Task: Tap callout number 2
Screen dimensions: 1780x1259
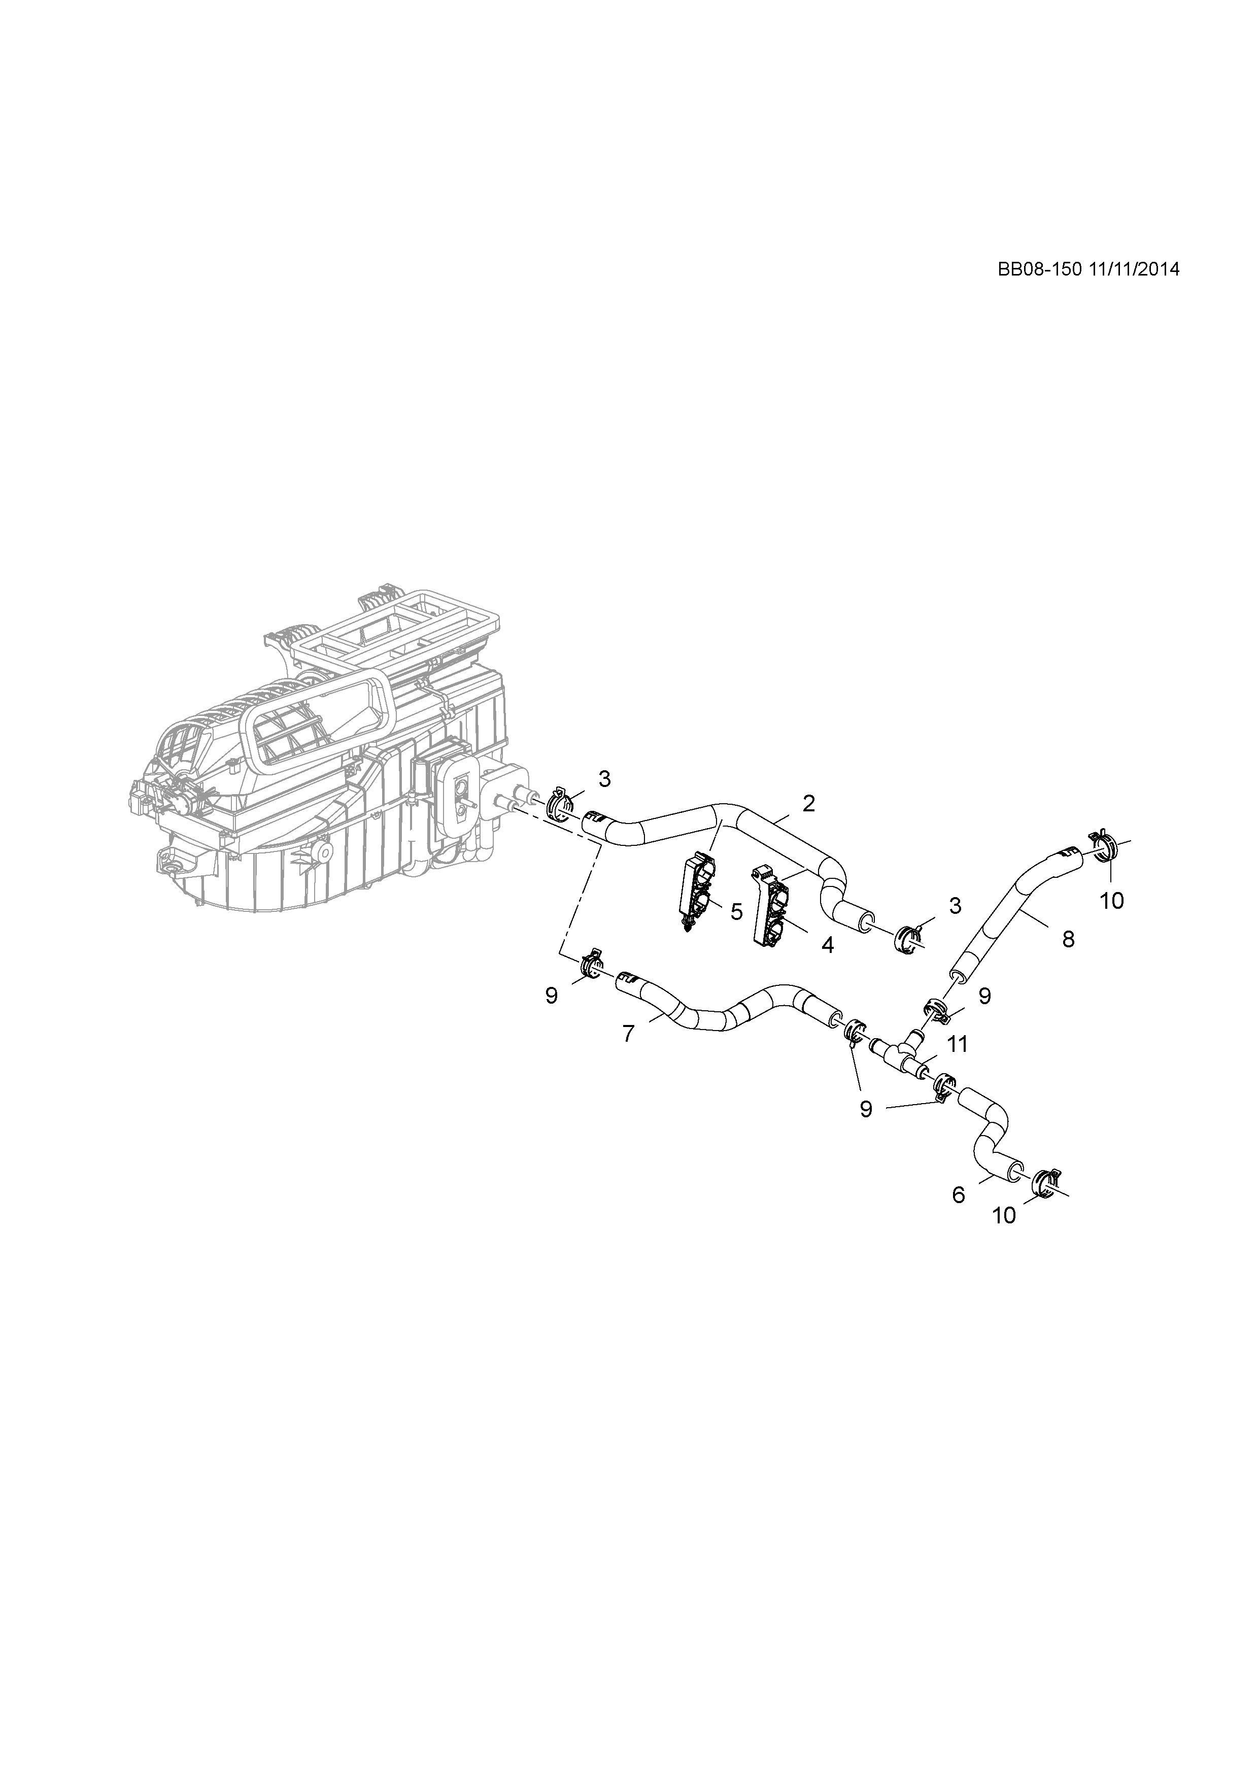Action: (x=808, y=803)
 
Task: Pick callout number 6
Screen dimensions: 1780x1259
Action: (x=959, y=1195)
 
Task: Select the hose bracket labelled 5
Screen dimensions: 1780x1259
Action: (x=697, y=891)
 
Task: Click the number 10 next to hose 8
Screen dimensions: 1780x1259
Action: (x=1112, y=901)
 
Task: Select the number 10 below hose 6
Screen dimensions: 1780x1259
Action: (x=1004, y=1216)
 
